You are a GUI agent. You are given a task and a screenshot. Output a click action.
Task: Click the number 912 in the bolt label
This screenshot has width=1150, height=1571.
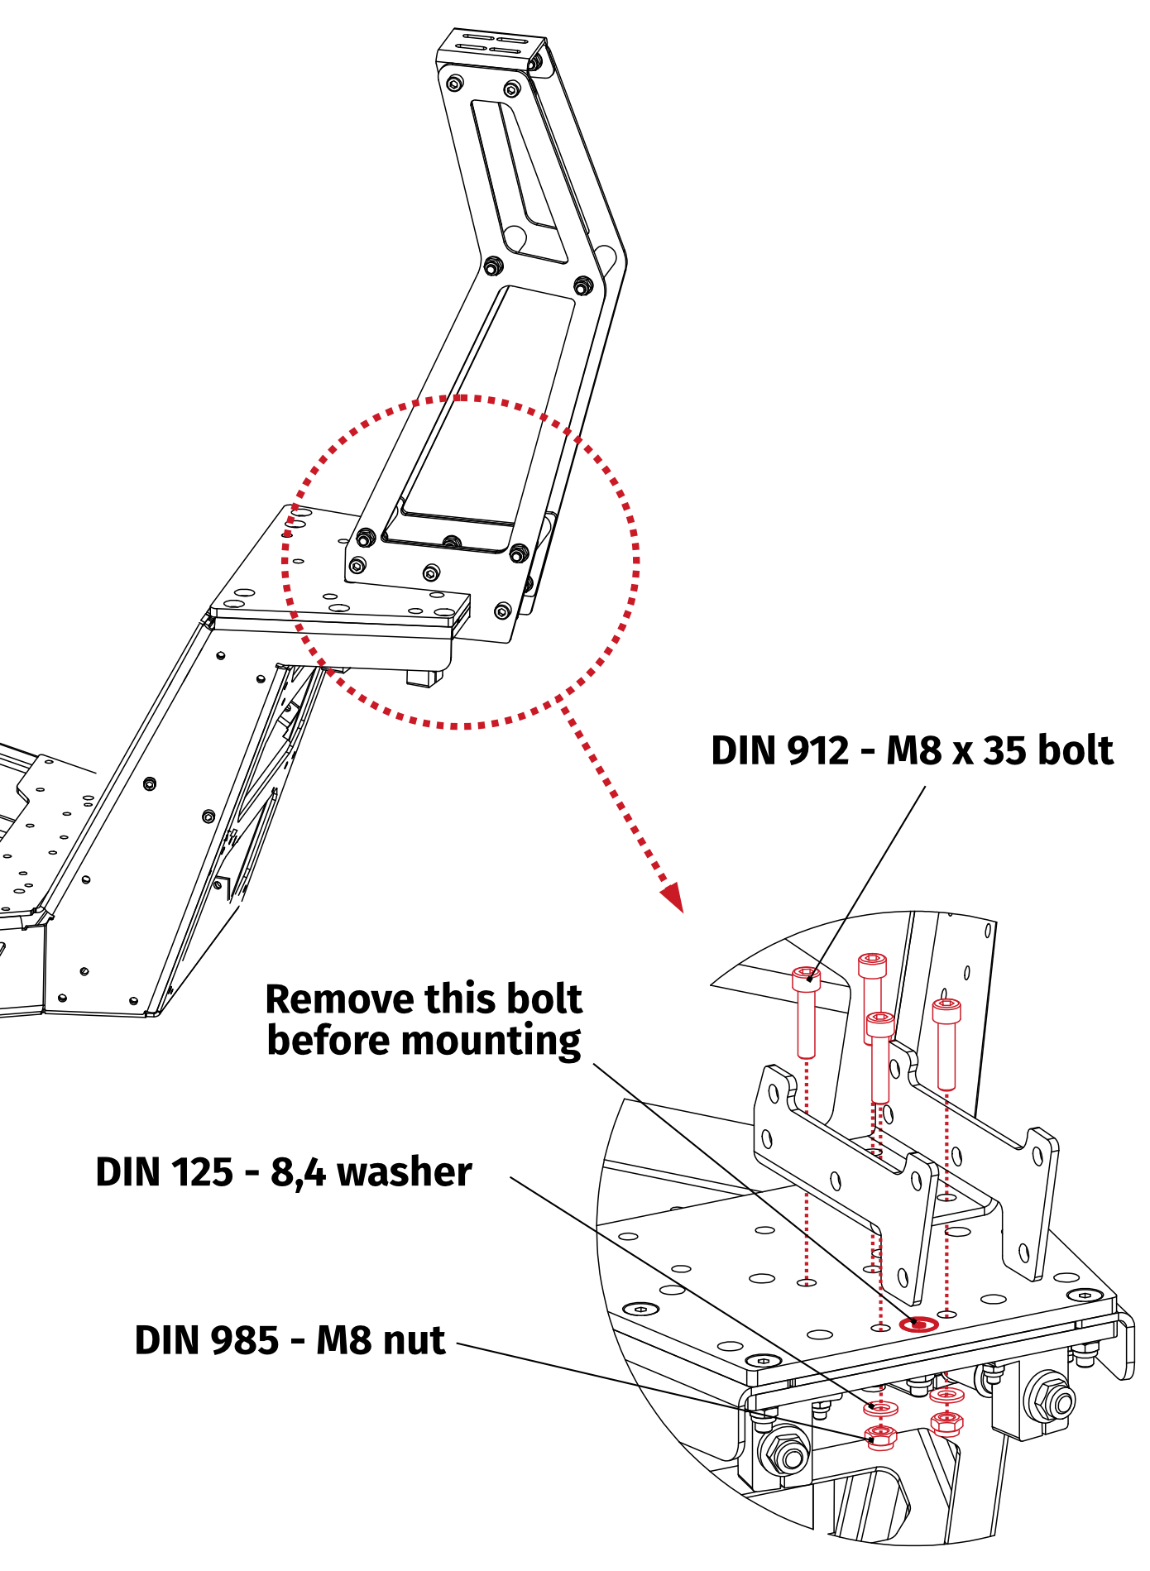pyautogui.click(x=817, y=750)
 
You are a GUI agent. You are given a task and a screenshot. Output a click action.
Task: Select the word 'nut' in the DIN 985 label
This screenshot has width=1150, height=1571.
pyautogui.click(x=413, y=1340)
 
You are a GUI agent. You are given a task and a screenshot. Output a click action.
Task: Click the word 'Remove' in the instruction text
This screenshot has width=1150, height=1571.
pyautogui.click(x=325, y=999)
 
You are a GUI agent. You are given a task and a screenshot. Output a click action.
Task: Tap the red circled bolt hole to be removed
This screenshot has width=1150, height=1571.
pyautogui.click(x=918, y=1324)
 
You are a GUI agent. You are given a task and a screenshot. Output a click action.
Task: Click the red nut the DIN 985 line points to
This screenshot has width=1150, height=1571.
pyautogui.click(x=880, y=1436)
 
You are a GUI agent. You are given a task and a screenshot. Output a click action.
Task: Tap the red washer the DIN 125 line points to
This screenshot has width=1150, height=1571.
pyautogui.click(x=881, y=1407)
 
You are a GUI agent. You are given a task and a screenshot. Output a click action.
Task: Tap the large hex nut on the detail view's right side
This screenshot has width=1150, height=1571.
pyautogui.click(x=1052, y=1398)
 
